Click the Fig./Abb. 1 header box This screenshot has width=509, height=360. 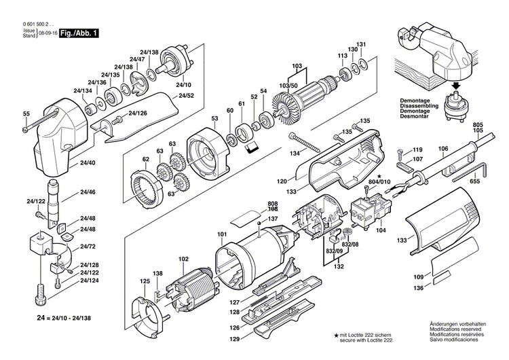click(x=79, y=33)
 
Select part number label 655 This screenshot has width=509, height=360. click(x=474, y=182)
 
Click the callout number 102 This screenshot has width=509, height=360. click(x=184, y=258)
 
